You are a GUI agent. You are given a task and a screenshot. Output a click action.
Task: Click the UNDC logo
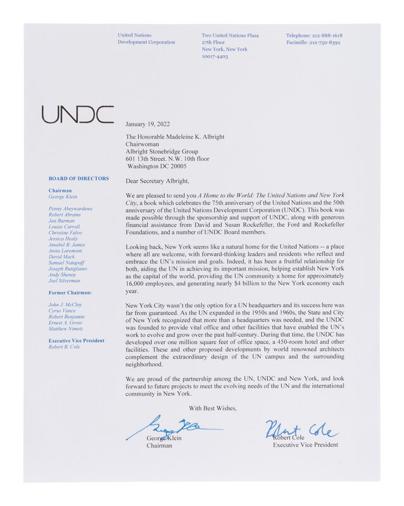(77, 114)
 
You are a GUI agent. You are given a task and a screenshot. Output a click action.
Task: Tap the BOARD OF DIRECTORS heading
(78, 179)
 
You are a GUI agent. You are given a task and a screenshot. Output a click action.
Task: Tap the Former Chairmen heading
(70, 293)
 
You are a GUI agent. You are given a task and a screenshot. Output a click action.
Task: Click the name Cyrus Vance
(63, 312)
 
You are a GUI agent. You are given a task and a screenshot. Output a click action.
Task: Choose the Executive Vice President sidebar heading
(77, 340)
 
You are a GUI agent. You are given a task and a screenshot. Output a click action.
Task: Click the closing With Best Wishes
(212, 408)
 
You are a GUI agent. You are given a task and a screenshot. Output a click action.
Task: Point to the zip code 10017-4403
(215, 56)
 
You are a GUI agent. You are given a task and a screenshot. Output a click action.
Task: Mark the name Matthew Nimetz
(66, 329)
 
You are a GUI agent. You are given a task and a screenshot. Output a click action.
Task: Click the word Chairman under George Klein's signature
(159, 445)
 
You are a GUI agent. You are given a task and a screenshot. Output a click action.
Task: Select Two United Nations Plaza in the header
(230, 35)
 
